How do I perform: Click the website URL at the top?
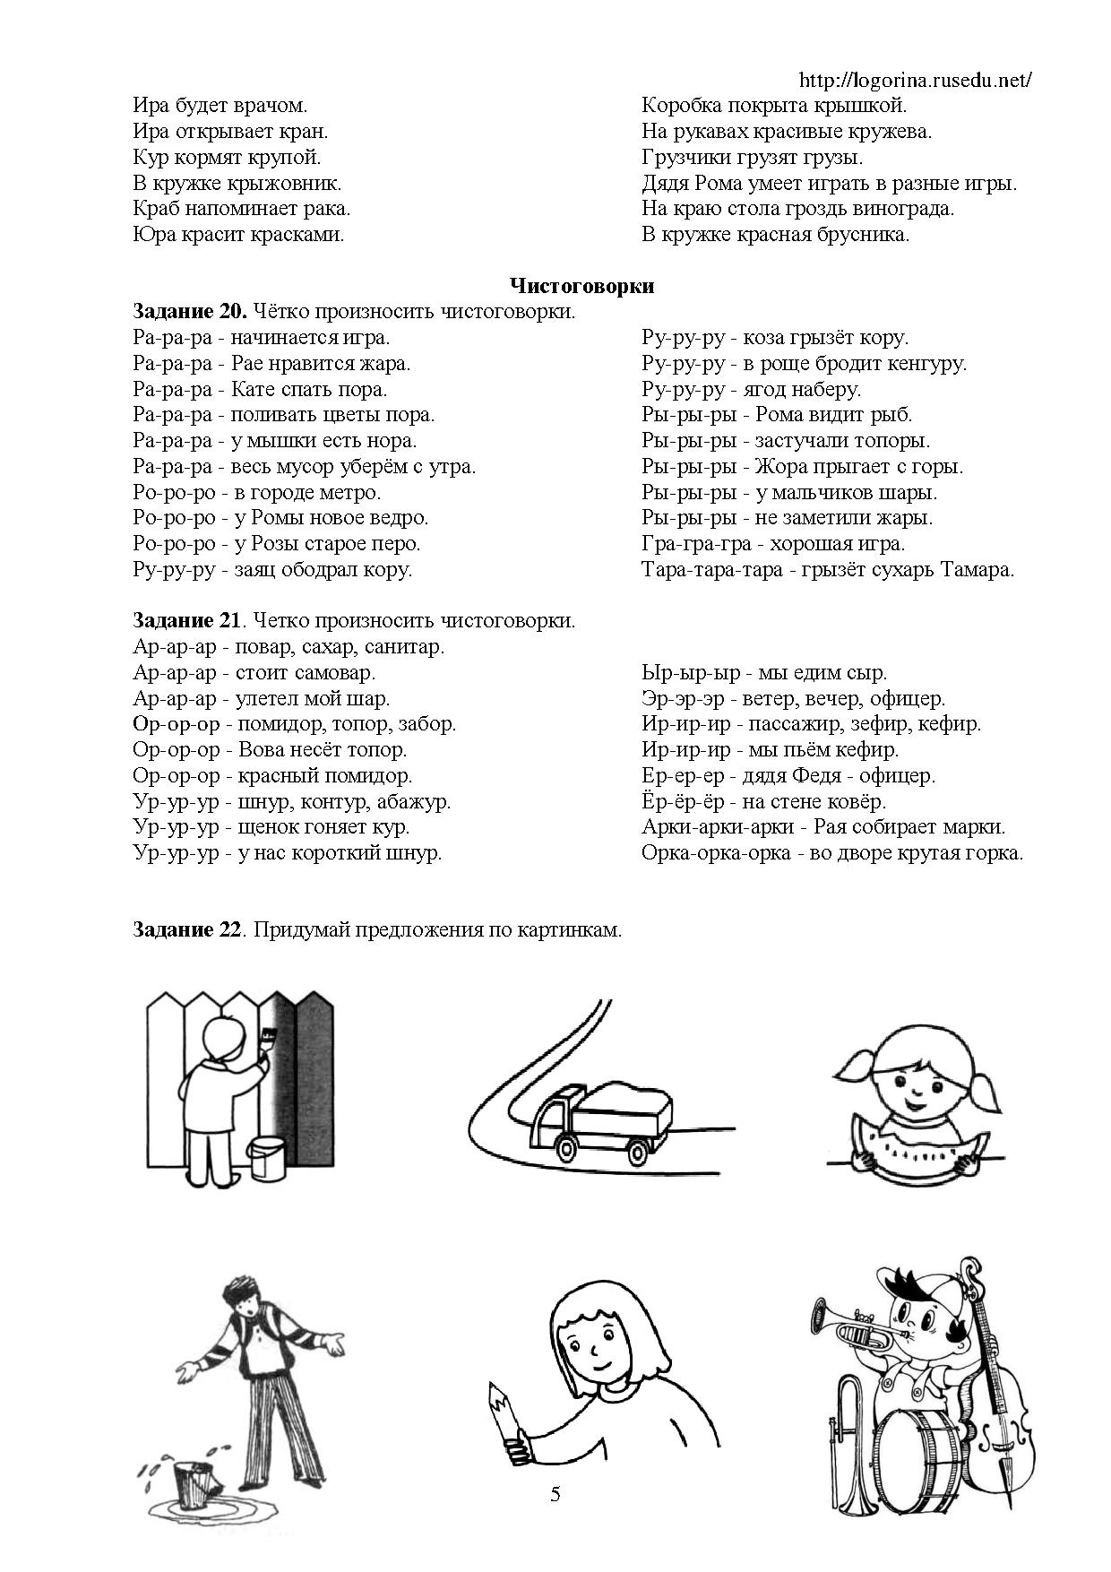914,81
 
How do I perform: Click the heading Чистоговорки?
581,286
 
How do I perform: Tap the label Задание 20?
189,312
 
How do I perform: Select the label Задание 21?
186,620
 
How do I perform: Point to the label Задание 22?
186,929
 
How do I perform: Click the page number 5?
555,1493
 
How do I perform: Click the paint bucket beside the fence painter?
266,1157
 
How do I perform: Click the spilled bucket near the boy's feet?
192,1484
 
